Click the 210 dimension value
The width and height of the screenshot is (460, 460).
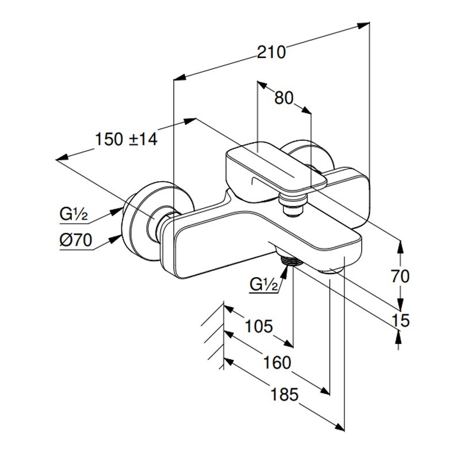[271, 52]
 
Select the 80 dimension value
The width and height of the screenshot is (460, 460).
[284, 98]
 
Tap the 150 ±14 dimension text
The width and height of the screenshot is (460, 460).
[126, 139]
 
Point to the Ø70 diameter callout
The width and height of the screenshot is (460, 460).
[75, 241]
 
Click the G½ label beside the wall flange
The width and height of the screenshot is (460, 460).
[73, 215]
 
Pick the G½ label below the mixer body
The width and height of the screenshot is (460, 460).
[264, 284]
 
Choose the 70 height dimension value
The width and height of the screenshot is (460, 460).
[400, 277]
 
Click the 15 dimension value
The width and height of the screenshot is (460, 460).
[400, 320]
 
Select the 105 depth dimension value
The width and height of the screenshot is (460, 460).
[258, 327]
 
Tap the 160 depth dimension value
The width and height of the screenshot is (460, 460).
[278, 363]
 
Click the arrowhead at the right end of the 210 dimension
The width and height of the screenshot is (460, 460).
[365, 25]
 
